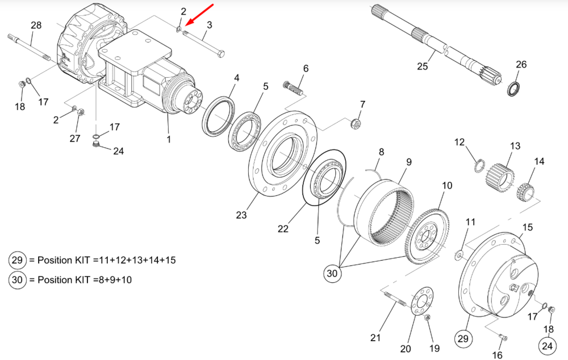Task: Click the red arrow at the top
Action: (200, 15)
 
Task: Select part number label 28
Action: (36, 26)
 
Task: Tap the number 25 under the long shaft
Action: (422, 67)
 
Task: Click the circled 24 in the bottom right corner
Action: (547, 345)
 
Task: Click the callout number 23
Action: (241, 215)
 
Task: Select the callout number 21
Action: (375, 338)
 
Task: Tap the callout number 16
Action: (498, 355)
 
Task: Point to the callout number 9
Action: (408, 161)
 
